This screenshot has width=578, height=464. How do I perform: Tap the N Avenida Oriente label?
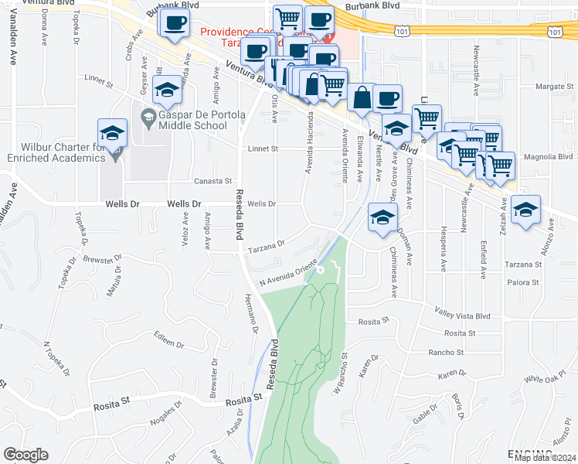click(288, 273)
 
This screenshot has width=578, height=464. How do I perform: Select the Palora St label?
click(523, 283)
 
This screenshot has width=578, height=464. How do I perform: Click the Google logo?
click(25, 454)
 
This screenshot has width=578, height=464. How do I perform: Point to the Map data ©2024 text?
click(545, 458)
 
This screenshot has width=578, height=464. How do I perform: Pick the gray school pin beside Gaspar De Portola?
click(148, 118)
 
